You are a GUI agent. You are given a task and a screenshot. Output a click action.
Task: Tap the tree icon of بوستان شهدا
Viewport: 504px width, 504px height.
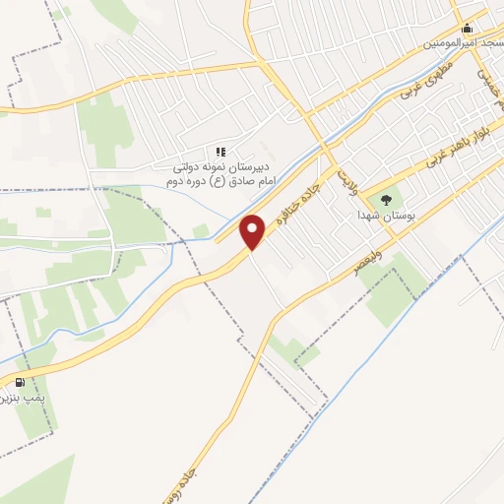pyautogui.click(x=384, y=194)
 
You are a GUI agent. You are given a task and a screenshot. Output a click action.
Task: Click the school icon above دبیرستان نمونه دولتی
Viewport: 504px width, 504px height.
pyautogui.click(x=221, y=151)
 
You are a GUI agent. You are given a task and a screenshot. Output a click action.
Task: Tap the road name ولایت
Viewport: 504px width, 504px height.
pyautogui.click(x=346, y=178)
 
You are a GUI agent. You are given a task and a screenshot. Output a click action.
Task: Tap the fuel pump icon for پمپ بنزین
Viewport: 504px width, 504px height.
pyautogui.click(x=20, y=382)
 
